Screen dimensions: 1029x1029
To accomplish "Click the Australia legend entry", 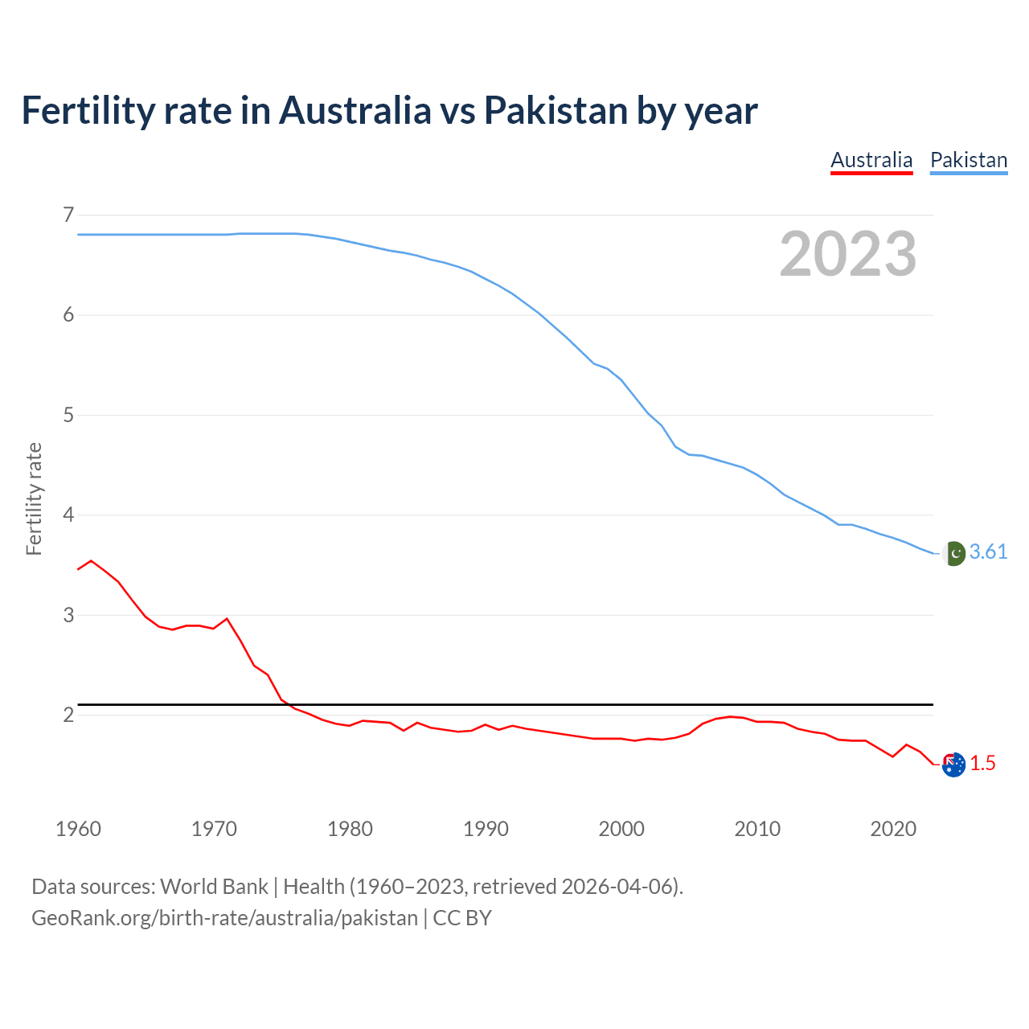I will click(x=871, y=160).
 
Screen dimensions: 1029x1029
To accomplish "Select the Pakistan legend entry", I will click(x=969, y=160).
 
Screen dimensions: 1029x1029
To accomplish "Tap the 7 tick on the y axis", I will click(x=68, y=215).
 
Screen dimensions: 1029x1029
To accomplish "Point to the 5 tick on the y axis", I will click(x=68, y=415).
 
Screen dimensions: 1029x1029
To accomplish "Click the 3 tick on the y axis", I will click(x=68, y=615).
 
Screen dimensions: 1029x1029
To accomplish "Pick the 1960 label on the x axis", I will click(x=78, y=829).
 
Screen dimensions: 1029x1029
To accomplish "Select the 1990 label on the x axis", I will click(x=486, y=829).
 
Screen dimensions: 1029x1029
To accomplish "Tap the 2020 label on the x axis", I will click(x=893, y=829).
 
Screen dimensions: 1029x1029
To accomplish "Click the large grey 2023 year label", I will click(x=847, y=254).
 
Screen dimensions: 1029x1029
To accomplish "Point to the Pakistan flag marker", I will click(x=953, y=553).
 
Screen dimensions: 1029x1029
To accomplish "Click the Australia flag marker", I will click(x=953, y=765).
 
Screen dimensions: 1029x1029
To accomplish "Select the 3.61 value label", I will click(x=988, y=552).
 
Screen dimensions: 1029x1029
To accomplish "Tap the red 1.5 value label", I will click(x=982, y=764).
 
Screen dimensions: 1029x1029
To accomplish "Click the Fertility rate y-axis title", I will click(x=34, y=498).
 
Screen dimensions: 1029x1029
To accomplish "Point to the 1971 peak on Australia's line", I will click(x=227, y=618).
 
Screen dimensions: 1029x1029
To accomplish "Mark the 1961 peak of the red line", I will click(x=91, y=560).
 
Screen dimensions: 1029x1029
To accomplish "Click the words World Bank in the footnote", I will click(x=214, y=887).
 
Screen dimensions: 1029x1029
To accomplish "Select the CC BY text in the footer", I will click(x=462, y=918).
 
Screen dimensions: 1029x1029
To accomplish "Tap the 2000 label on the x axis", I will click(x=621, y=829).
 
